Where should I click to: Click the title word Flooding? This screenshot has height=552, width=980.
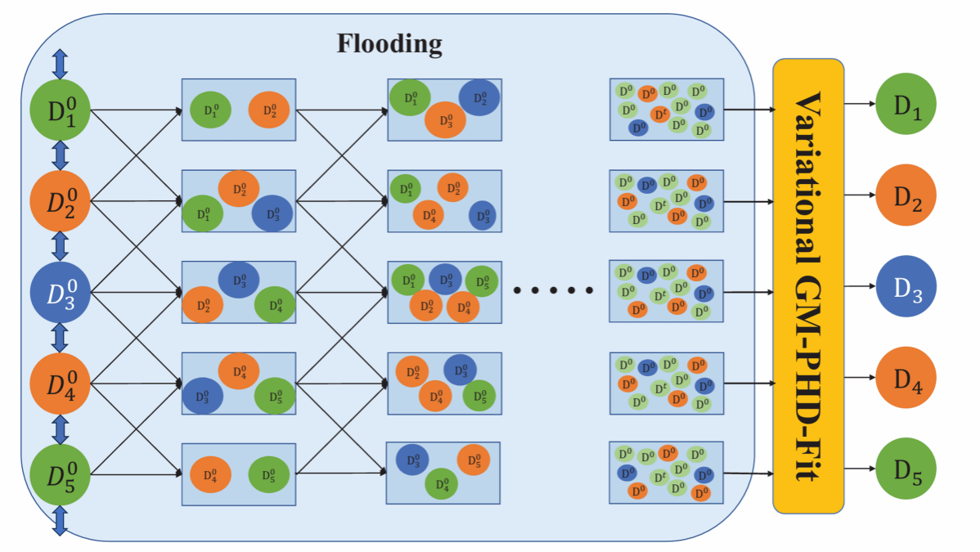coord(389,43)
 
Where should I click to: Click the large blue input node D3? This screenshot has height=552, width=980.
coord(60,292)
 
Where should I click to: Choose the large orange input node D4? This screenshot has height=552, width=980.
coord(60,383)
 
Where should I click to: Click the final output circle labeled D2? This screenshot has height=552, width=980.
coord(906,195)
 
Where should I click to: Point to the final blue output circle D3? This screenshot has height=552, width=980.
coord(906,288)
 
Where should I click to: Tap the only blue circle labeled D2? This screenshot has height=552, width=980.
coord(479,98)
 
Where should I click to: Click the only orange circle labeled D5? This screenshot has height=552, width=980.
coord(473,460)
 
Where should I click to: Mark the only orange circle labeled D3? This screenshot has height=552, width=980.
coord(445,121)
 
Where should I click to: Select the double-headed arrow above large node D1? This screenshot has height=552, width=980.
coord(60,64)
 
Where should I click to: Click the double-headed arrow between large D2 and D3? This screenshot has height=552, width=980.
coord(60,246)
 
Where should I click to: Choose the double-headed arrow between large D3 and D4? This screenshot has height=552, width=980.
coord(60,337)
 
